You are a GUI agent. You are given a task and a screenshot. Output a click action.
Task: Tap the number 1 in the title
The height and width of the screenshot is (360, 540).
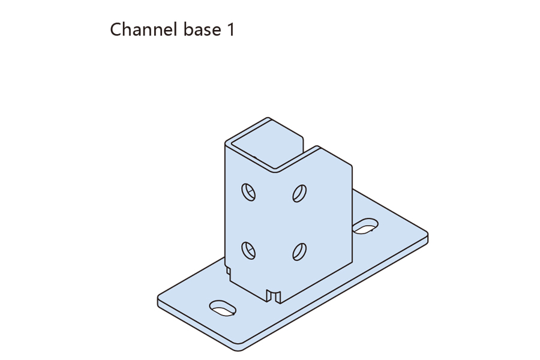(x=230, y=29)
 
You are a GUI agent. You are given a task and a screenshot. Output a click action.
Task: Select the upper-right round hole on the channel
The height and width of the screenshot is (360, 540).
(x=299, y=193)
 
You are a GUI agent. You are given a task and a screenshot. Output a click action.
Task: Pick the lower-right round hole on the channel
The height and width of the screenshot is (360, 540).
(x=299, y=251)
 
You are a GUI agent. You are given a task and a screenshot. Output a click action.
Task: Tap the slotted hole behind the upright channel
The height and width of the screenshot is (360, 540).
(x=365, y=226)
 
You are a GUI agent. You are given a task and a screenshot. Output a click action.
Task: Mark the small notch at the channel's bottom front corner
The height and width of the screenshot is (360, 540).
(x=274, y=295)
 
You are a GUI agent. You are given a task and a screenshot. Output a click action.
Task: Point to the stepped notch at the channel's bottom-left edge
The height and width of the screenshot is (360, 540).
(x=227, y=269)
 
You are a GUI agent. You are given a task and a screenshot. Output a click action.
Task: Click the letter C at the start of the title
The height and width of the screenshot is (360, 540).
(x=116, y=29)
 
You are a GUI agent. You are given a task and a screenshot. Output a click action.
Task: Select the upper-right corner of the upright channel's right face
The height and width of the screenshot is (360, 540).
(x=351, y=164)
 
